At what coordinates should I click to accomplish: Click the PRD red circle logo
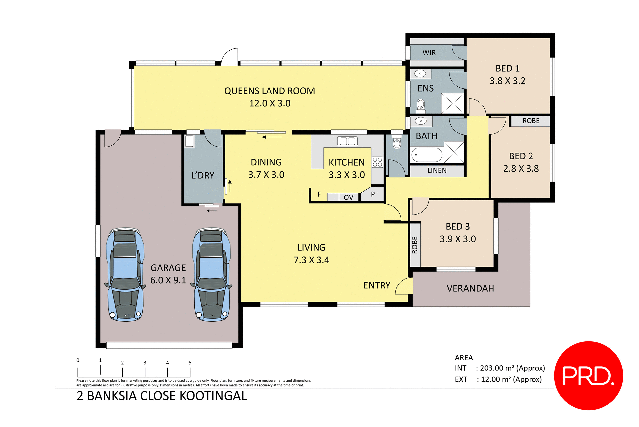click(x=588, y=375)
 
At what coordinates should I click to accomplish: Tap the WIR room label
click(x=429, y=53)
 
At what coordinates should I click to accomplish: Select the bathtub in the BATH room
click(x=427, y=155)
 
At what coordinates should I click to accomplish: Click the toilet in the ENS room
click(x=421, y=105)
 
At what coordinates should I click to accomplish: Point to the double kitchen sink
click(x=347, y=141)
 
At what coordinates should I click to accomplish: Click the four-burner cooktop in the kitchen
click(x=377, y=162)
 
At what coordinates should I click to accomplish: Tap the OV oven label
click(x=348, y=197)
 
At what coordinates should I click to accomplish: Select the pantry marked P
click(x=373, y=194)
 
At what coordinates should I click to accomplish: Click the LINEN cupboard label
click(x=437, y=171)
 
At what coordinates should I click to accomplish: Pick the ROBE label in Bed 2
click(x=531, y=121)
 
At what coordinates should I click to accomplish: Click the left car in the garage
click(x=125, y=275)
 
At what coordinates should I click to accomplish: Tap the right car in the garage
click(x=212, y=275)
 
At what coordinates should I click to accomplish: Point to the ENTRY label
click(x=376, y=285)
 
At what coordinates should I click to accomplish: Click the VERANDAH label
click(x=470, y=288)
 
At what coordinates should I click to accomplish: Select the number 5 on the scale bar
click(x=190, y=363)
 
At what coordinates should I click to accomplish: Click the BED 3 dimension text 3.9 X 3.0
click(x=458, y=239)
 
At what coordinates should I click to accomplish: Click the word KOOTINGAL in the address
click(x=213, y=396)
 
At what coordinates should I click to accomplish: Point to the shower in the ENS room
click(x=452, y=103)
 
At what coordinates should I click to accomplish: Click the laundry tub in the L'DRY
click(x=189, y=141)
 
